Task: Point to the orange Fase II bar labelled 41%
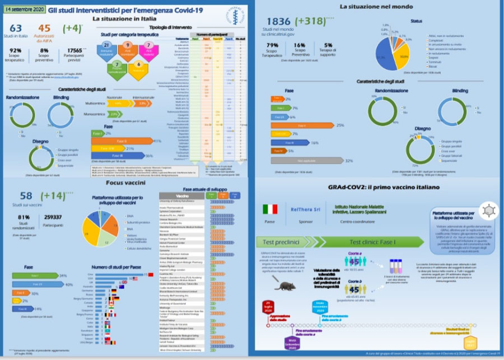122,141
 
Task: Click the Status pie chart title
416,20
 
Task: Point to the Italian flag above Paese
270,209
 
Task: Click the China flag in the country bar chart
151,275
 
